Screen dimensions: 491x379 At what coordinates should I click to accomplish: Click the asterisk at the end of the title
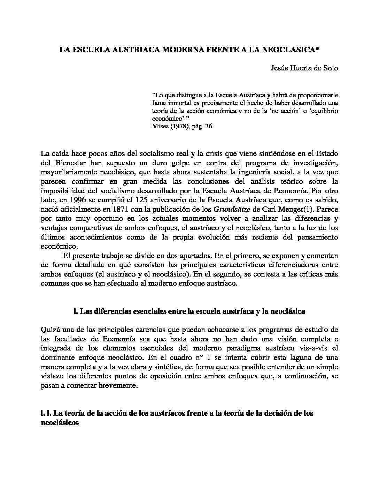(318, 50)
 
